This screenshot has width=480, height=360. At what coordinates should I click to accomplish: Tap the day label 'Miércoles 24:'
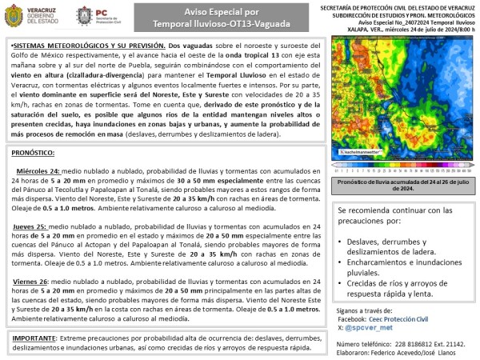point(38,171)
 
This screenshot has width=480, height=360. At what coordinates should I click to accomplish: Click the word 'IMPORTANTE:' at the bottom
point(38,338)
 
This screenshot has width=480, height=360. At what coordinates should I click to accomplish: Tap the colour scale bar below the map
point(402,170)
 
